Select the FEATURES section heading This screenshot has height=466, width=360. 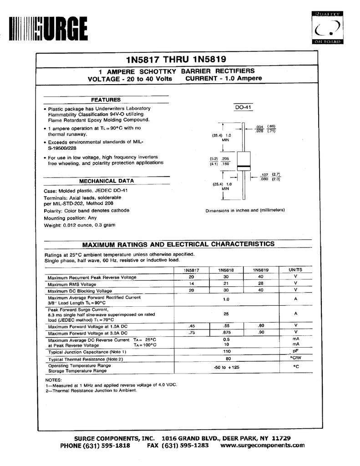(x=106, y=100)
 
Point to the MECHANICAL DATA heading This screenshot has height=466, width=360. (x=106, y=181)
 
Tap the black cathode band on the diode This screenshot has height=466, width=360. (x=243, y=165)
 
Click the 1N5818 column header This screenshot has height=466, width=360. (x=226, y=270)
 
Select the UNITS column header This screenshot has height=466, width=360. (x=295, y=270)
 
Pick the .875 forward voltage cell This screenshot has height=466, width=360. (x=226, y=332)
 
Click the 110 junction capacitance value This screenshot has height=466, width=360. (x=226, y=352)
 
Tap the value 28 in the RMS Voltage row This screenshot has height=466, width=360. (x=260, y=284)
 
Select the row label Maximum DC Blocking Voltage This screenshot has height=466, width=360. (x=80, y=291)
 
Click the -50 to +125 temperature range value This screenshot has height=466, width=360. (x=226, y=367)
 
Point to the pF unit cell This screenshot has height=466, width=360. (x=295, y=351)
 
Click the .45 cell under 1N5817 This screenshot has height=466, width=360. (x=192, y=325)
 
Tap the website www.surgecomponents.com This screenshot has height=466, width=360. (x=262, y=446)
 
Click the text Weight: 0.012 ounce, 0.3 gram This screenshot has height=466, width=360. (x=80, y=225)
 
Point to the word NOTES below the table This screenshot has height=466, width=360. (x=53, y=380)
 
